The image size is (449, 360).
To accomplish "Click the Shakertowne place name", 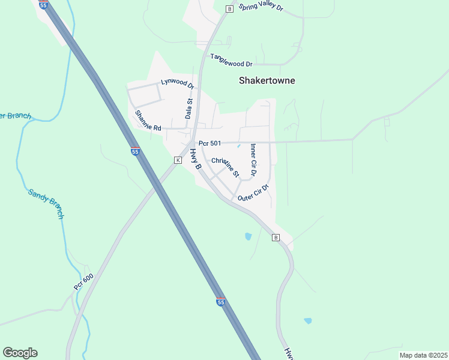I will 267,80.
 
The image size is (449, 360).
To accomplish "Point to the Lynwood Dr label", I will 177,83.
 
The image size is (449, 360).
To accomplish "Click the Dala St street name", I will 188,109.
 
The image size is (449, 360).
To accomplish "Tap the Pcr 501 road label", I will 210,143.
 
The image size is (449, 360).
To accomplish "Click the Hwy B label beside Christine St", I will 194,158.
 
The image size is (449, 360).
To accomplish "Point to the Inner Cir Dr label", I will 253,160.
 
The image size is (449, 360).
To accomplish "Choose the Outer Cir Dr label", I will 252,193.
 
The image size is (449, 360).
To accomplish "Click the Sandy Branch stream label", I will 46,204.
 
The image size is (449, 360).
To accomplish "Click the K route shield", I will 178,160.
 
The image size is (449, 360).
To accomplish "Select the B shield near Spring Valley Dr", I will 229,8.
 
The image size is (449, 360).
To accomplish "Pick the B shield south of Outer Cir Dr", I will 276,238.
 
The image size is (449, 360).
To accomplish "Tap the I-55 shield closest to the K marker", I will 135,152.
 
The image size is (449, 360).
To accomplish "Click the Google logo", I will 20,353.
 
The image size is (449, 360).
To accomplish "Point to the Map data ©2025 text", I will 423,355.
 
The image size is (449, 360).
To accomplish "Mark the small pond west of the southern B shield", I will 249,236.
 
